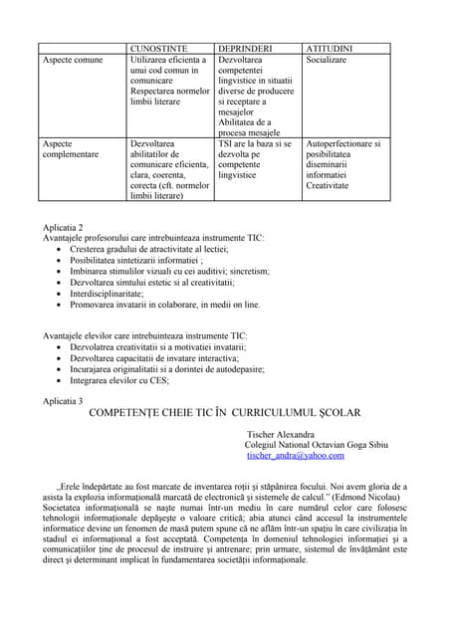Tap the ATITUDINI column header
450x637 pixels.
click(x=332, y=48)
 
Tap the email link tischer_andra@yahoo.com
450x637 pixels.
click(x=294, y=455)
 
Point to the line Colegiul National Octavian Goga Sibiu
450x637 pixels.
click(x=316, y=445)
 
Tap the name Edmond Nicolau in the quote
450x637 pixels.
click(x=363, y=496)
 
